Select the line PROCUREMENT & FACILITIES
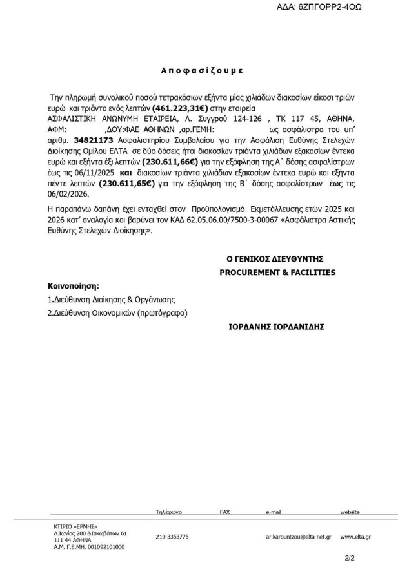[x=277, y=273]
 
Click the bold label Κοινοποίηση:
[x=74, y=285]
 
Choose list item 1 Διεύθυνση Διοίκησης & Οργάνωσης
[x=112, y=300]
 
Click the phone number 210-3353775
[x=172, y=537]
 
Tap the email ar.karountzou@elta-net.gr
[x=298, y=537]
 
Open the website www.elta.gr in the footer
[x=355, y=537]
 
